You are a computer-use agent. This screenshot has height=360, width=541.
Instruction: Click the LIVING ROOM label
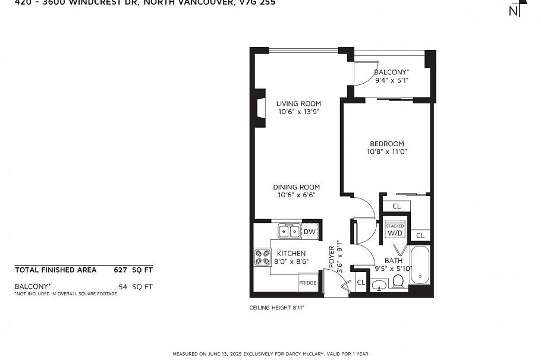click(298, 103)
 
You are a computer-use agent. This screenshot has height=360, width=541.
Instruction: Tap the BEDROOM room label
click(386, 144)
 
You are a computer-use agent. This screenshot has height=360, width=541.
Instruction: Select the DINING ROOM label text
click(296, 187)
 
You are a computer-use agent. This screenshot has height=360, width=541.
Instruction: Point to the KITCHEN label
click(291, 254)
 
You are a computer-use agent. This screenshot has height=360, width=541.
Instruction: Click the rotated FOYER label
click(332, 257)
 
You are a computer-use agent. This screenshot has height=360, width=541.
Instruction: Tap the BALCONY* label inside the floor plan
click(391, 72)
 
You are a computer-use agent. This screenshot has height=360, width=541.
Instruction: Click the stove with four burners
click(262, 257)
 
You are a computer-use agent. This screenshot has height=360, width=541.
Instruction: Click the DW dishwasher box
click(310, 232)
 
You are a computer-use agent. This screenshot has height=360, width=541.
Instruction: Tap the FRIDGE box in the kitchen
click(307, 283)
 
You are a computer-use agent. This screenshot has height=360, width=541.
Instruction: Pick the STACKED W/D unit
click(395, 230)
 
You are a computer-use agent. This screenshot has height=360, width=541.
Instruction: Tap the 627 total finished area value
click(121, 270)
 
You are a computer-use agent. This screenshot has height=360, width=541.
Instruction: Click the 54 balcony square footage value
click(122, 286)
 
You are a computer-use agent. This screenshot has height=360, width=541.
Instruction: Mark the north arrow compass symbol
click(517, 8)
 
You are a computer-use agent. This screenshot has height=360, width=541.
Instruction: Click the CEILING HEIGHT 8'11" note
click(277, 308)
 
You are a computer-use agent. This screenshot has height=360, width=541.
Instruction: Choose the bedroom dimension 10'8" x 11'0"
click(386, 151)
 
